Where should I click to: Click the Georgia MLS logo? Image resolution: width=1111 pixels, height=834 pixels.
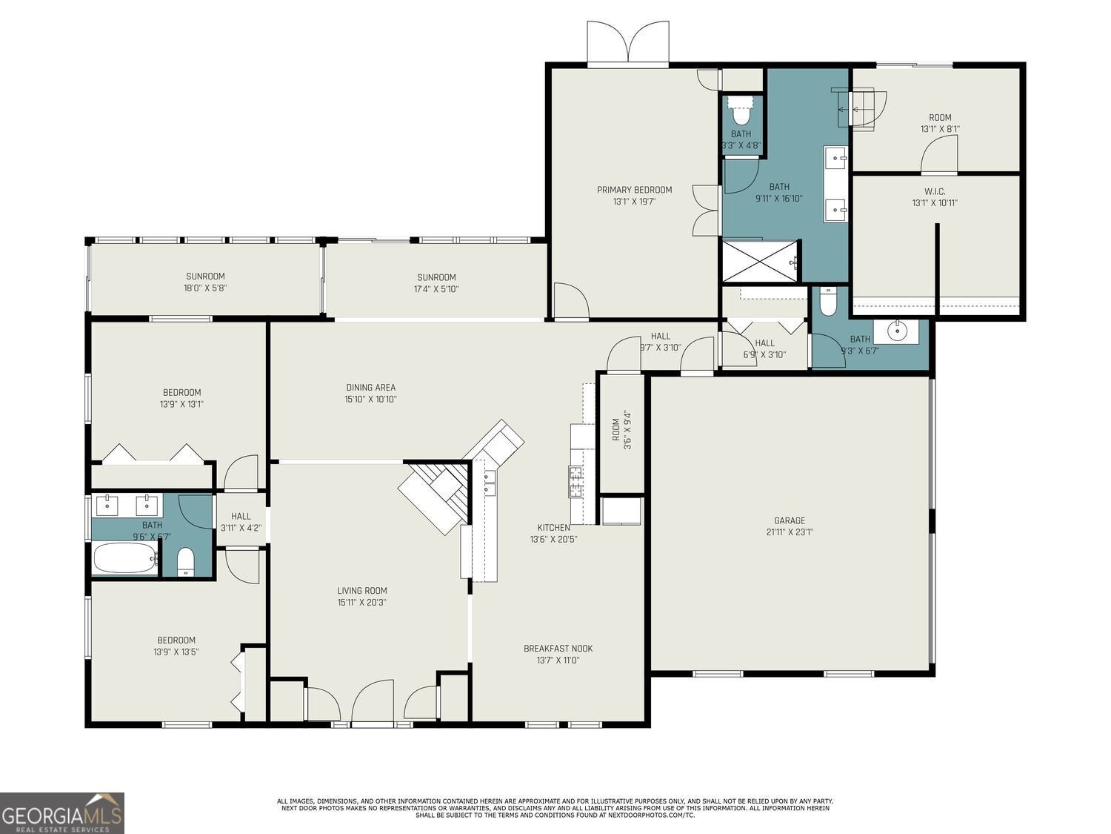(x=61, y=813)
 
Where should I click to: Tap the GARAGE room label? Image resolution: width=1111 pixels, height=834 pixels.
(x=790, y=520)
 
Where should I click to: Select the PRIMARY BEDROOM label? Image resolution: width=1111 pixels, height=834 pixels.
(x=634, y=190)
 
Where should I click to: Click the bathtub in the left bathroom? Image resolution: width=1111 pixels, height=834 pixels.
(x=125, y=558)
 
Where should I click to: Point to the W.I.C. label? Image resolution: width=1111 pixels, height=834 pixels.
(x=935, y=191)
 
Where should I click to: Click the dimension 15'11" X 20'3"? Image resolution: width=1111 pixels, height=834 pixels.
(x=361, y=603)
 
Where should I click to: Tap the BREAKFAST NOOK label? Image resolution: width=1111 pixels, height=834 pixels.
(x=558, y=649)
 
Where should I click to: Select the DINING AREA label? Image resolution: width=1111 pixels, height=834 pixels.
(x=370, y=387)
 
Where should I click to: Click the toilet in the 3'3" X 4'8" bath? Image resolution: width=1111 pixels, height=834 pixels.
(x=741, y=113)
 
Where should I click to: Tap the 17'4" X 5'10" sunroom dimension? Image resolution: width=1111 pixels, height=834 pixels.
(x=436, y=289)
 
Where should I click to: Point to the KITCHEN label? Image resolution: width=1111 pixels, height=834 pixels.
(x=553, y=528)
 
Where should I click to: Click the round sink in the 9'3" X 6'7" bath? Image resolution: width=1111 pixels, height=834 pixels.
(x=896, y=330)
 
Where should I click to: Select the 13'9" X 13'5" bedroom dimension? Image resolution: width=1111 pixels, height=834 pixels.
(x=176, y=652)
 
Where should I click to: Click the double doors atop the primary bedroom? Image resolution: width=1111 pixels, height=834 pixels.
(x=628, y=43)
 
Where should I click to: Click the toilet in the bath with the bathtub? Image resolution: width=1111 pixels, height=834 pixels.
(x=185, y=561)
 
